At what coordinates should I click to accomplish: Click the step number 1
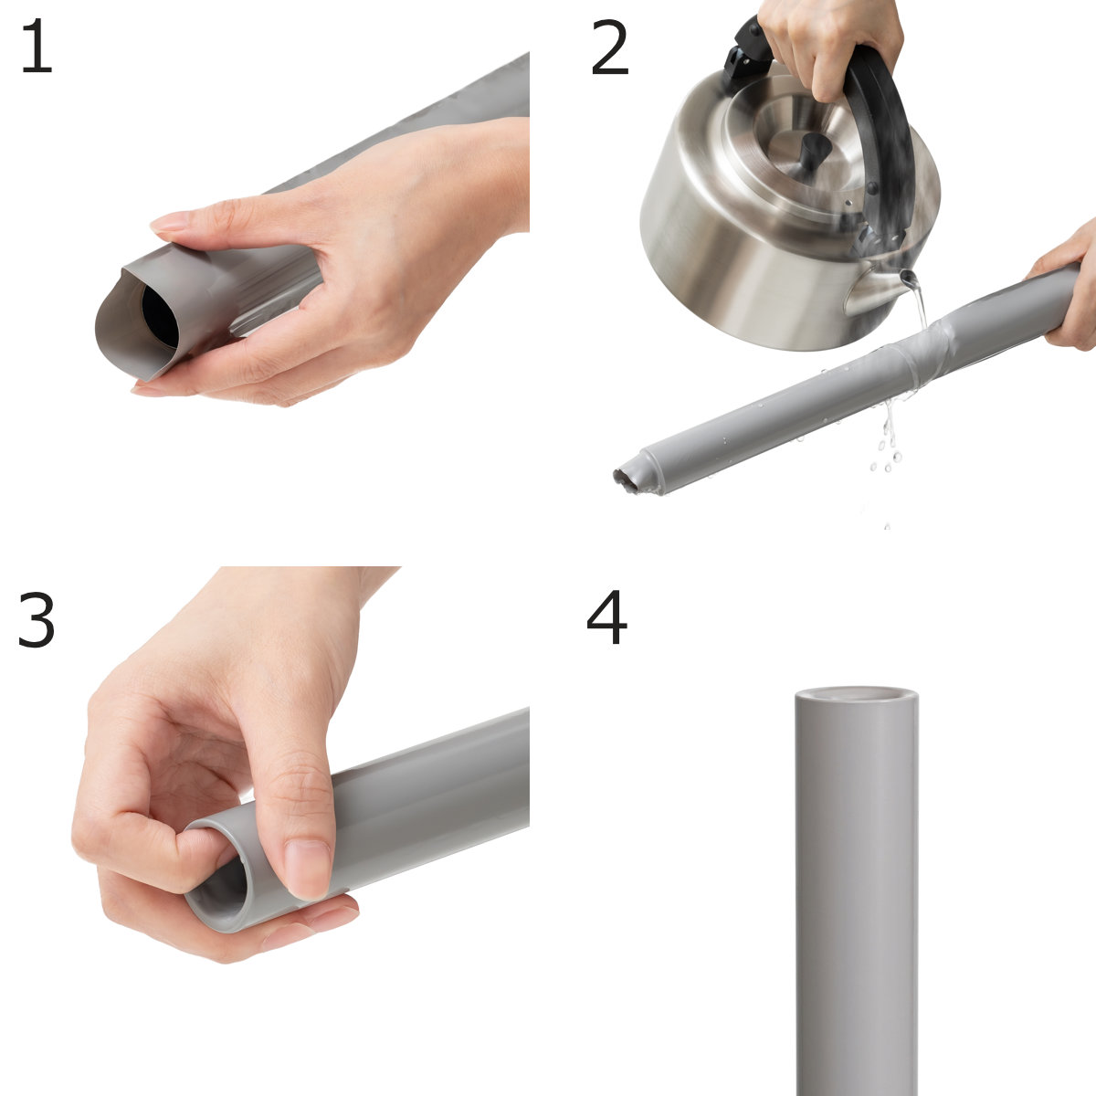point(37,46)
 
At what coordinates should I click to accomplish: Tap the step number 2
point(610,47)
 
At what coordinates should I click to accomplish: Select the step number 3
point(37,619)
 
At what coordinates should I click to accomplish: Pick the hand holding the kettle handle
point(827,46)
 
